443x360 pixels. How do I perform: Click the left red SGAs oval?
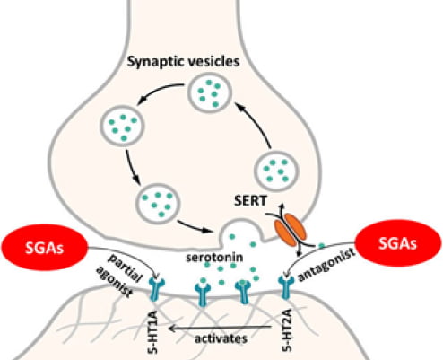click(44, 247)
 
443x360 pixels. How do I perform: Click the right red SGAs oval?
click(397, 242)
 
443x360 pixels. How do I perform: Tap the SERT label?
click(250, 200)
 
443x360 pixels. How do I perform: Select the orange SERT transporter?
click(291, 230)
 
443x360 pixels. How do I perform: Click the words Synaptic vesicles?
click(183, 62)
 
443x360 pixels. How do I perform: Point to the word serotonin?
click(214, 258)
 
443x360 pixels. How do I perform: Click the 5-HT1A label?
click(152, 332)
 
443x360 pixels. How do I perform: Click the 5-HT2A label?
click(287, 330)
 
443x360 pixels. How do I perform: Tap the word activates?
click(221, 338)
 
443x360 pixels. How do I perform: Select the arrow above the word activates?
click(221, 328)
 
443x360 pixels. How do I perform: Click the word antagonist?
click(326, 266)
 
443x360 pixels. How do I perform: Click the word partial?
click(125, 268)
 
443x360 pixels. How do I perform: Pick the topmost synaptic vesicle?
click(209, 92)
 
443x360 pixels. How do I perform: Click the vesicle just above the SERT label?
click(276, 171)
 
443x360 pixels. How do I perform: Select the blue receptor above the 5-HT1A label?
click(157, 289)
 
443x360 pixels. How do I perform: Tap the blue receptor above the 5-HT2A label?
click(286, 287)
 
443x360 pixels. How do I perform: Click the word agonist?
click(114, 282)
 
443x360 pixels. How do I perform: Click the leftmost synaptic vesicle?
click(122, 126)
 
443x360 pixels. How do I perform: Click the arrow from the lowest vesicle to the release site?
click(195, 226)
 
